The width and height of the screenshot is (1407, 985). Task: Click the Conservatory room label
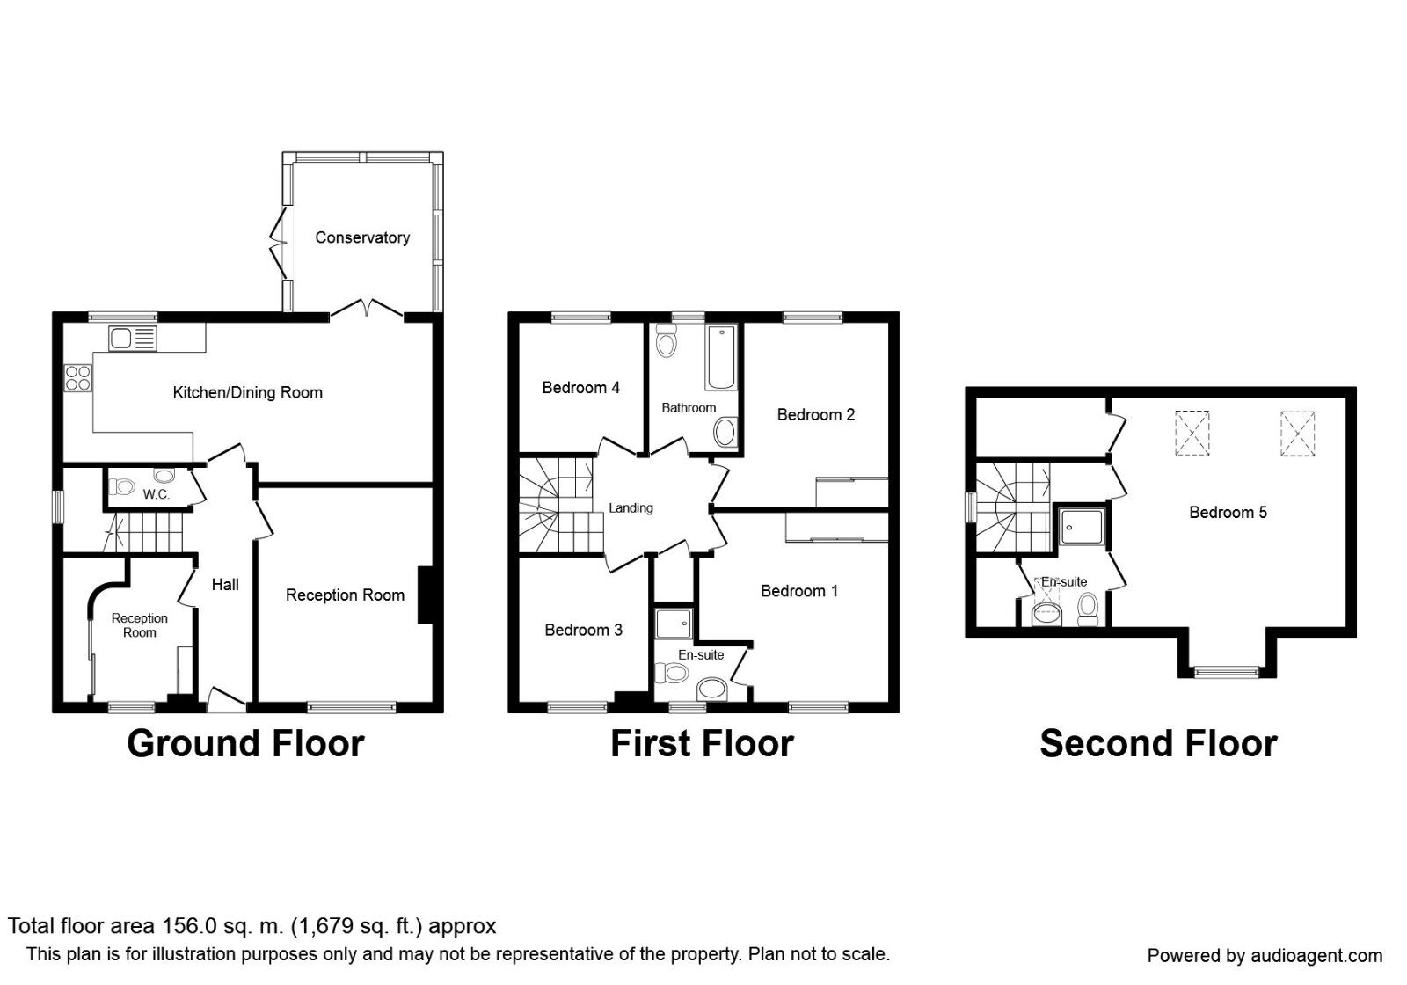[362, 237]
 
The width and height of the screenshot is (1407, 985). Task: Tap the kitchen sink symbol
[132, 338]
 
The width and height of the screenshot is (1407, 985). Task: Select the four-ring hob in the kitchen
[77, 377]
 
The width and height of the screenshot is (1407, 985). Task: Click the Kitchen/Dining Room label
[247, 392]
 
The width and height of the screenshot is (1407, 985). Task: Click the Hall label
[225, 584]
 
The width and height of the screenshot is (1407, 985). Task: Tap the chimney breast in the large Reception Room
[425, 595]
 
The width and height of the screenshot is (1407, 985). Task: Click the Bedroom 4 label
[580, 387]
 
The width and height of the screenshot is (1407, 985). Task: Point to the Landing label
[631, 507]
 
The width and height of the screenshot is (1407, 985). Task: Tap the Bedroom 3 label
[583, 630]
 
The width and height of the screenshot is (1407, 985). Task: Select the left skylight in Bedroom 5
[1192, 434]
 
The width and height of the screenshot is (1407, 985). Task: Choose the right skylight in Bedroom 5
[1297, 434]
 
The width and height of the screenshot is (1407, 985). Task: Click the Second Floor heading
[1158, 744]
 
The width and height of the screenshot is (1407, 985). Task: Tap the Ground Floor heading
[245, 744]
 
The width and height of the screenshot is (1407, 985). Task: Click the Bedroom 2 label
[815, 414]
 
